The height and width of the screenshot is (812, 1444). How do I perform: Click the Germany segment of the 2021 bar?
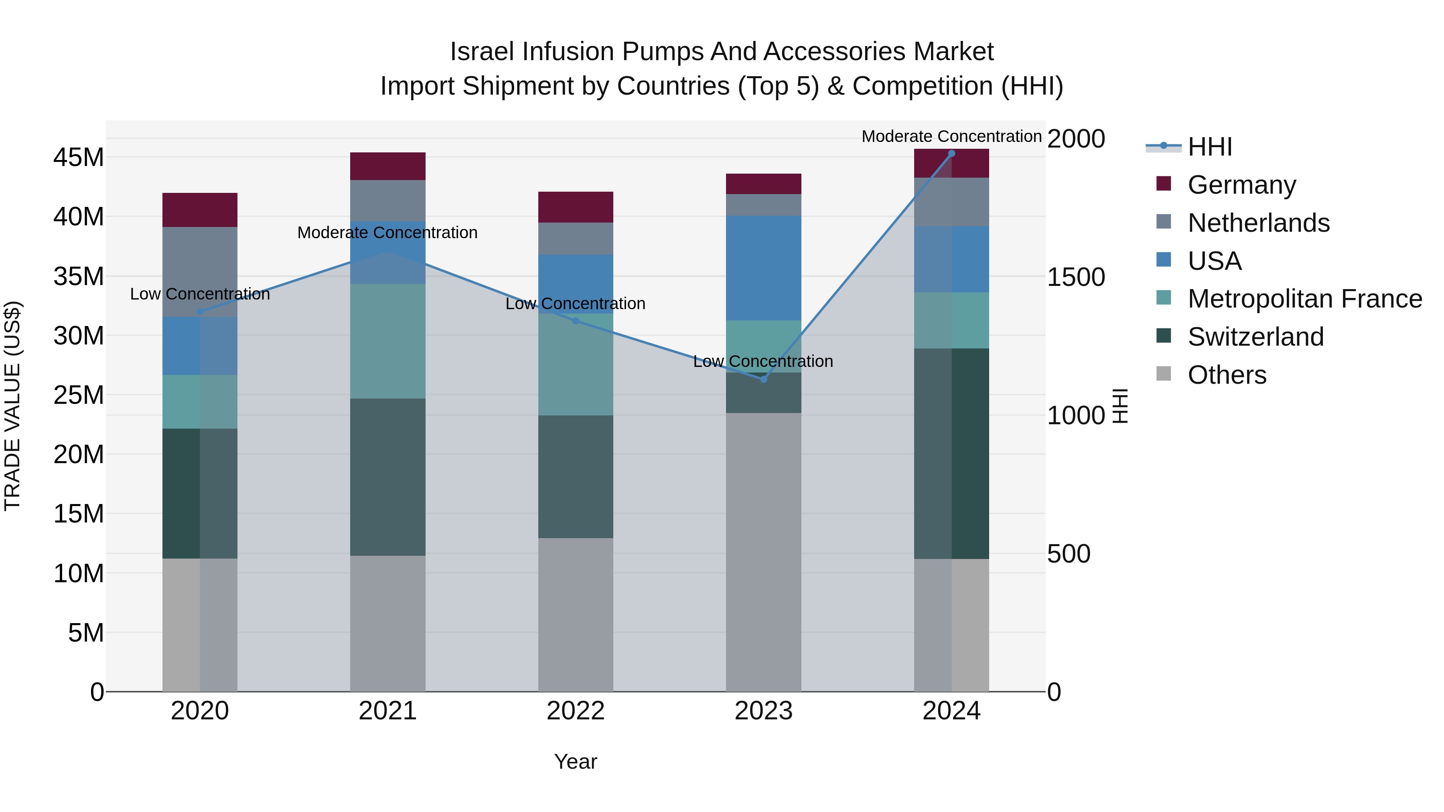coord(387,166)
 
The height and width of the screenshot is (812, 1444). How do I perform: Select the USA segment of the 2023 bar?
coord(763,268)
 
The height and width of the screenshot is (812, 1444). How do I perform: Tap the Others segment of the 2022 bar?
coord(575,614)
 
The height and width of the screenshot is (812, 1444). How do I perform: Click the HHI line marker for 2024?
coord(951,153)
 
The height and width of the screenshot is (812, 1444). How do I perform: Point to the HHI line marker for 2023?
coord(763,379)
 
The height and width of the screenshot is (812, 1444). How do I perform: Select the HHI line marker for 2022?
coord(575,320)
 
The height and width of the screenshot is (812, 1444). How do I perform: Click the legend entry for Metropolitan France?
coord(1304,299)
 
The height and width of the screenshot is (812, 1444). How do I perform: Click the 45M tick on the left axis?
coord(79,158)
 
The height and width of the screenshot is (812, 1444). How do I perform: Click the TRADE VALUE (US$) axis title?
coord(12,406)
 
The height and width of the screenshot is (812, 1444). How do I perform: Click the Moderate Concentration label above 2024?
coord(951,136)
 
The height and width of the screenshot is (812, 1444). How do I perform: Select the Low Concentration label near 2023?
coord(763,361)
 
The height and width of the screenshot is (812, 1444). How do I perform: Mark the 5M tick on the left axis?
coord(86,633)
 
